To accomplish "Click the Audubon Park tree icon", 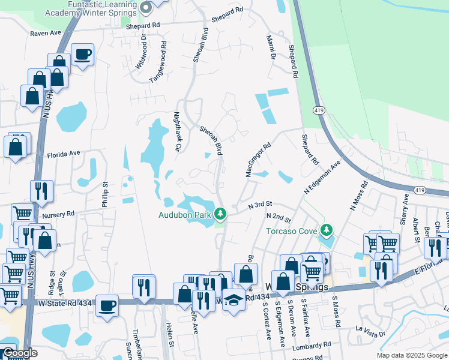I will click(x=221, y=214).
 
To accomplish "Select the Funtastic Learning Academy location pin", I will click(x=146, y=8).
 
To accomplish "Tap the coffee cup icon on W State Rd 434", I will click(x=107, y=305).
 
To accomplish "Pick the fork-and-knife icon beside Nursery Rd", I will click(x=41, y=191).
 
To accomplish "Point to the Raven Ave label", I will click(x=46, y=34).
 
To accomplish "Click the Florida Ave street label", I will click(x=64, y=154).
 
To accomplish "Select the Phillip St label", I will click(x=104, y=195).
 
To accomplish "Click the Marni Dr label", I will click(x=270, y=47).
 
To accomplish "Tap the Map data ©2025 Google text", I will click(x=411, y=355).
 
